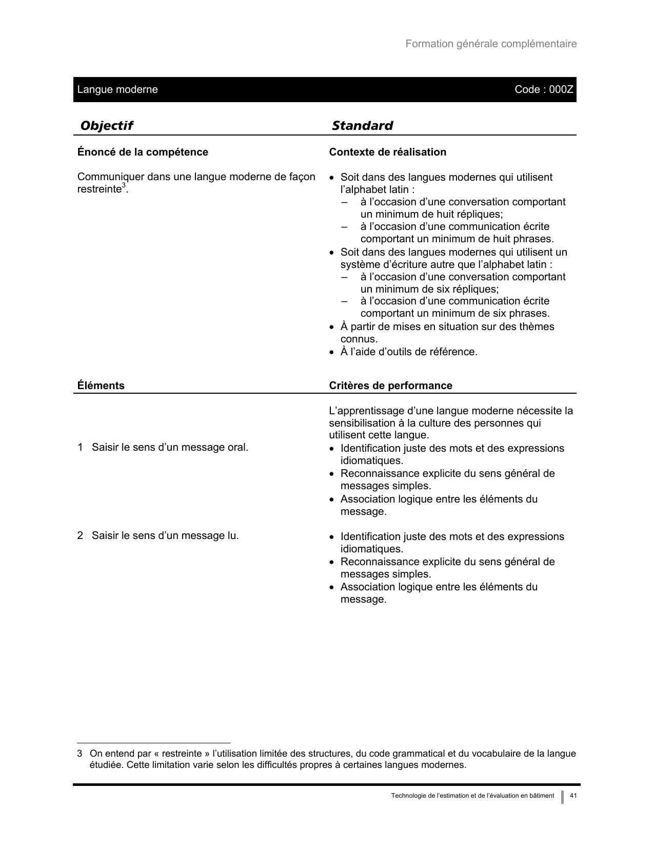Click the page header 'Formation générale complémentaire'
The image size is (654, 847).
491,44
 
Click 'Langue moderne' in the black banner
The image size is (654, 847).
117,90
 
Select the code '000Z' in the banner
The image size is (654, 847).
561,90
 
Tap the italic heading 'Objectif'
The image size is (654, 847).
107,126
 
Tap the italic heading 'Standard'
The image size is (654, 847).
362,126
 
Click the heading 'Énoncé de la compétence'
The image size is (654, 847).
143,152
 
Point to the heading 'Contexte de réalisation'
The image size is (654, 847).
387,152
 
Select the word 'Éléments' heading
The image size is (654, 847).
101,386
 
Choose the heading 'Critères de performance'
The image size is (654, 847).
390,386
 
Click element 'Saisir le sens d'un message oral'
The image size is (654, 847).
170,447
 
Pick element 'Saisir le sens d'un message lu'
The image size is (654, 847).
165,535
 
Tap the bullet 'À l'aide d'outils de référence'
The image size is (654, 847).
409,352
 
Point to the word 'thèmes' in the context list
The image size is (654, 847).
539,326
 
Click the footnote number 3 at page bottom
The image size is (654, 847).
80,754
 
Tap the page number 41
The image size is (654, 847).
573,796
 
